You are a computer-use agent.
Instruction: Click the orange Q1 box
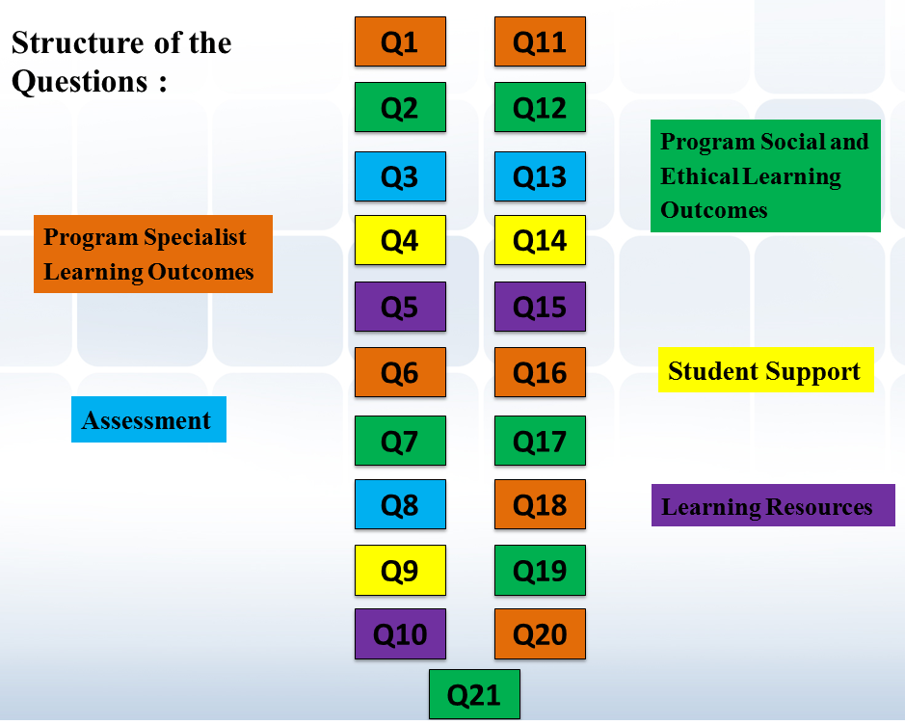click(x=400, y=41)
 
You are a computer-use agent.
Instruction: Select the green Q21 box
click(x=474, y=694)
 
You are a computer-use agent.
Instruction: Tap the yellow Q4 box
click(x=400, y=240)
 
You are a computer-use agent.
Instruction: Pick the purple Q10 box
click(x=400, y=633)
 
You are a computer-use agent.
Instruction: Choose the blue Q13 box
click(x=540, y=176)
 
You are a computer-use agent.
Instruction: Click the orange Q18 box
click(x=540, y=504)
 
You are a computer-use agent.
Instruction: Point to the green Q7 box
click(x=400, y=441)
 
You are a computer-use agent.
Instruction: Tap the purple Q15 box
click(x=540, y=307)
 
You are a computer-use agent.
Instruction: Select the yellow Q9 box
click(x=400, y=570)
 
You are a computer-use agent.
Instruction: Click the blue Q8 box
click(x=400, y=504)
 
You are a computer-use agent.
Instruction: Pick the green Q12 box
click(x=540, y=107)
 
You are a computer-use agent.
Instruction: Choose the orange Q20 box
click(x=540, y=633)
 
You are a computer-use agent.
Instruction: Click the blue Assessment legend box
click(x=148, y=420)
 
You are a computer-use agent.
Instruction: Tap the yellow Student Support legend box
click(x=765, y=371)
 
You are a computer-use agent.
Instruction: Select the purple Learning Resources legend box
click(x=773, y=506)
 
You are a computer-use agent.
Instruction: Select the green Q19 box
click(x=540, y=570)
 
